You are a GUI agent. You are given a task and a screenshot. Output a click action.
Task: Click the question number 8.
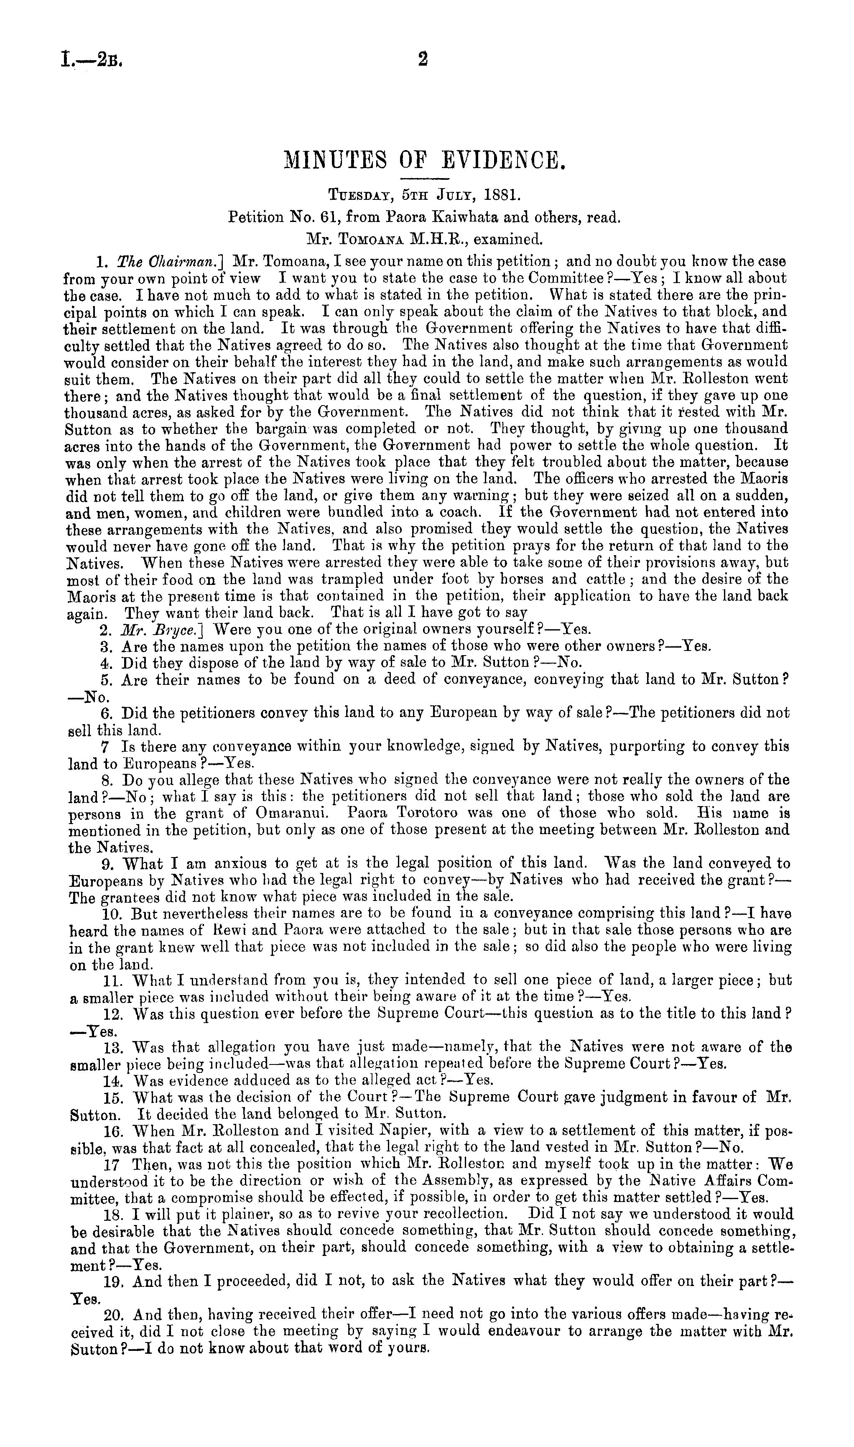[x=106, y=781]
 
